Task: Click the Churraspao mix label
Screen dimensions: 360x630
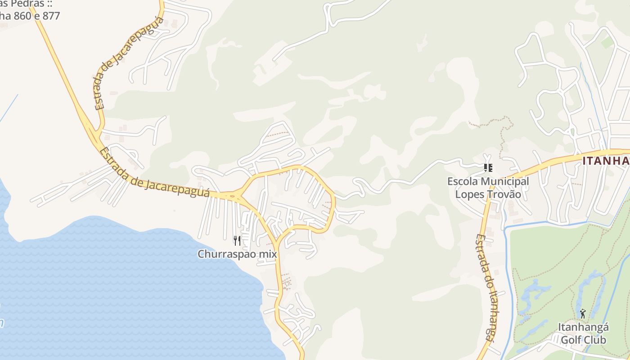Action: coord(237,254)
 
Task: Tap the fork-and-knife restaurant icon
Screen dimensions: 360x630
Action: coord(237,241)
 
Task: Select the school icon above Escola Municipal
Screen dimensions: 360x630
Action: coord(488,168)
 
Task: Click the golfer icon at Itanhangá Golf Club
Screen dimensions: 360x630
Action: coord(583,313)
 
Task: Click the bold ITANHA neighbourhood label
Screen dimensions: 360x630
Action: coord(606,161)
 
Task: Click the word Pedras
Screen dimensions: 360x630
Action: coord(27,4)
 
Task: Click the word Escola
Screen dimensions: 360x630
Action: coord(462,182)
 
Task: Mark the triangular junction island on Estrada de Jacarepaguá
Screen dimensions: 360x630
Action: coord(233,196)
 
